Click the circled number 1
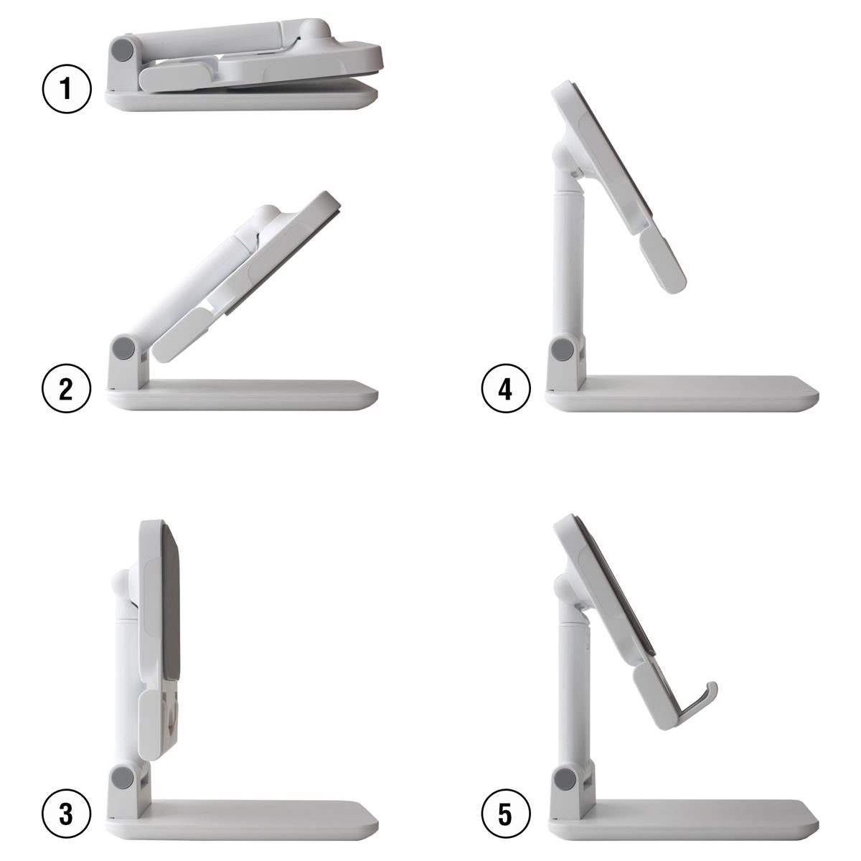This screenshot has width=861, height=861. pos(67,90)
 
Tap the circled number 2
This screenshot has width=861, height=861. pos(67,389)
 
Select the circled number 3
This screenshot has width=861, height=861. pos(67,814)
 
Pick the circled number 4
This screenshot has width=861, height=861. pos(506,389)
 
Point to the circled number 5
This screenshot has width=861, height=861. pos(506,814)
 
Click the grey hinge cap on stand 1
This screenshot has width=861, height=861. pos(123,50)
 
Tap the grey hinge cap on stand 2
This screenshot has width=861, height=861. pos(124,348)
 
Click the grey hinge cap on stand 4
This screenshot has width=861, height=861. pos(563,351)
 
